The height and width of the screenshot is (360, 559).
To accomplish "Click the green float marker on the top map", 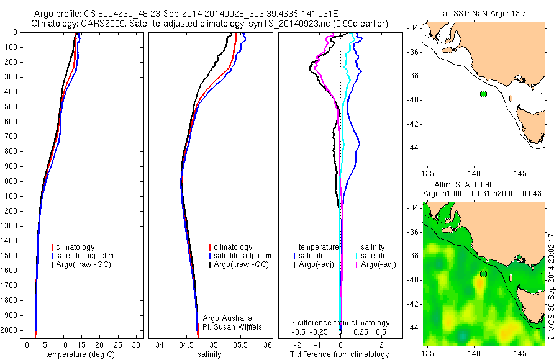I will tap(484, 94).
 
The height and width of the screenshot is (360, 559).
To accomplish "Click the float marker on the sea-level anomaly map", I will tap(484, 274).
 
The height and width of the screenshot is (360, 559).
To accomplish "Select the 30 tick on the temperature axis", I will tap(136, 344).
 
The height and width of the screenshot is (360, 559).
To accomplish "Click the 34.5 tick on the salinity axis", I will tap(186, 344).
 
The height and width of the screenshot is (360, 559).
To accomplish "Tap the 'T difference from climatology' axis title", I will tap(339, 354).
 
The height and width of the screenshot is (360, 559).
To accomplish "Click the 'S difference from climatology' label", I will tap(340, 323).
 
